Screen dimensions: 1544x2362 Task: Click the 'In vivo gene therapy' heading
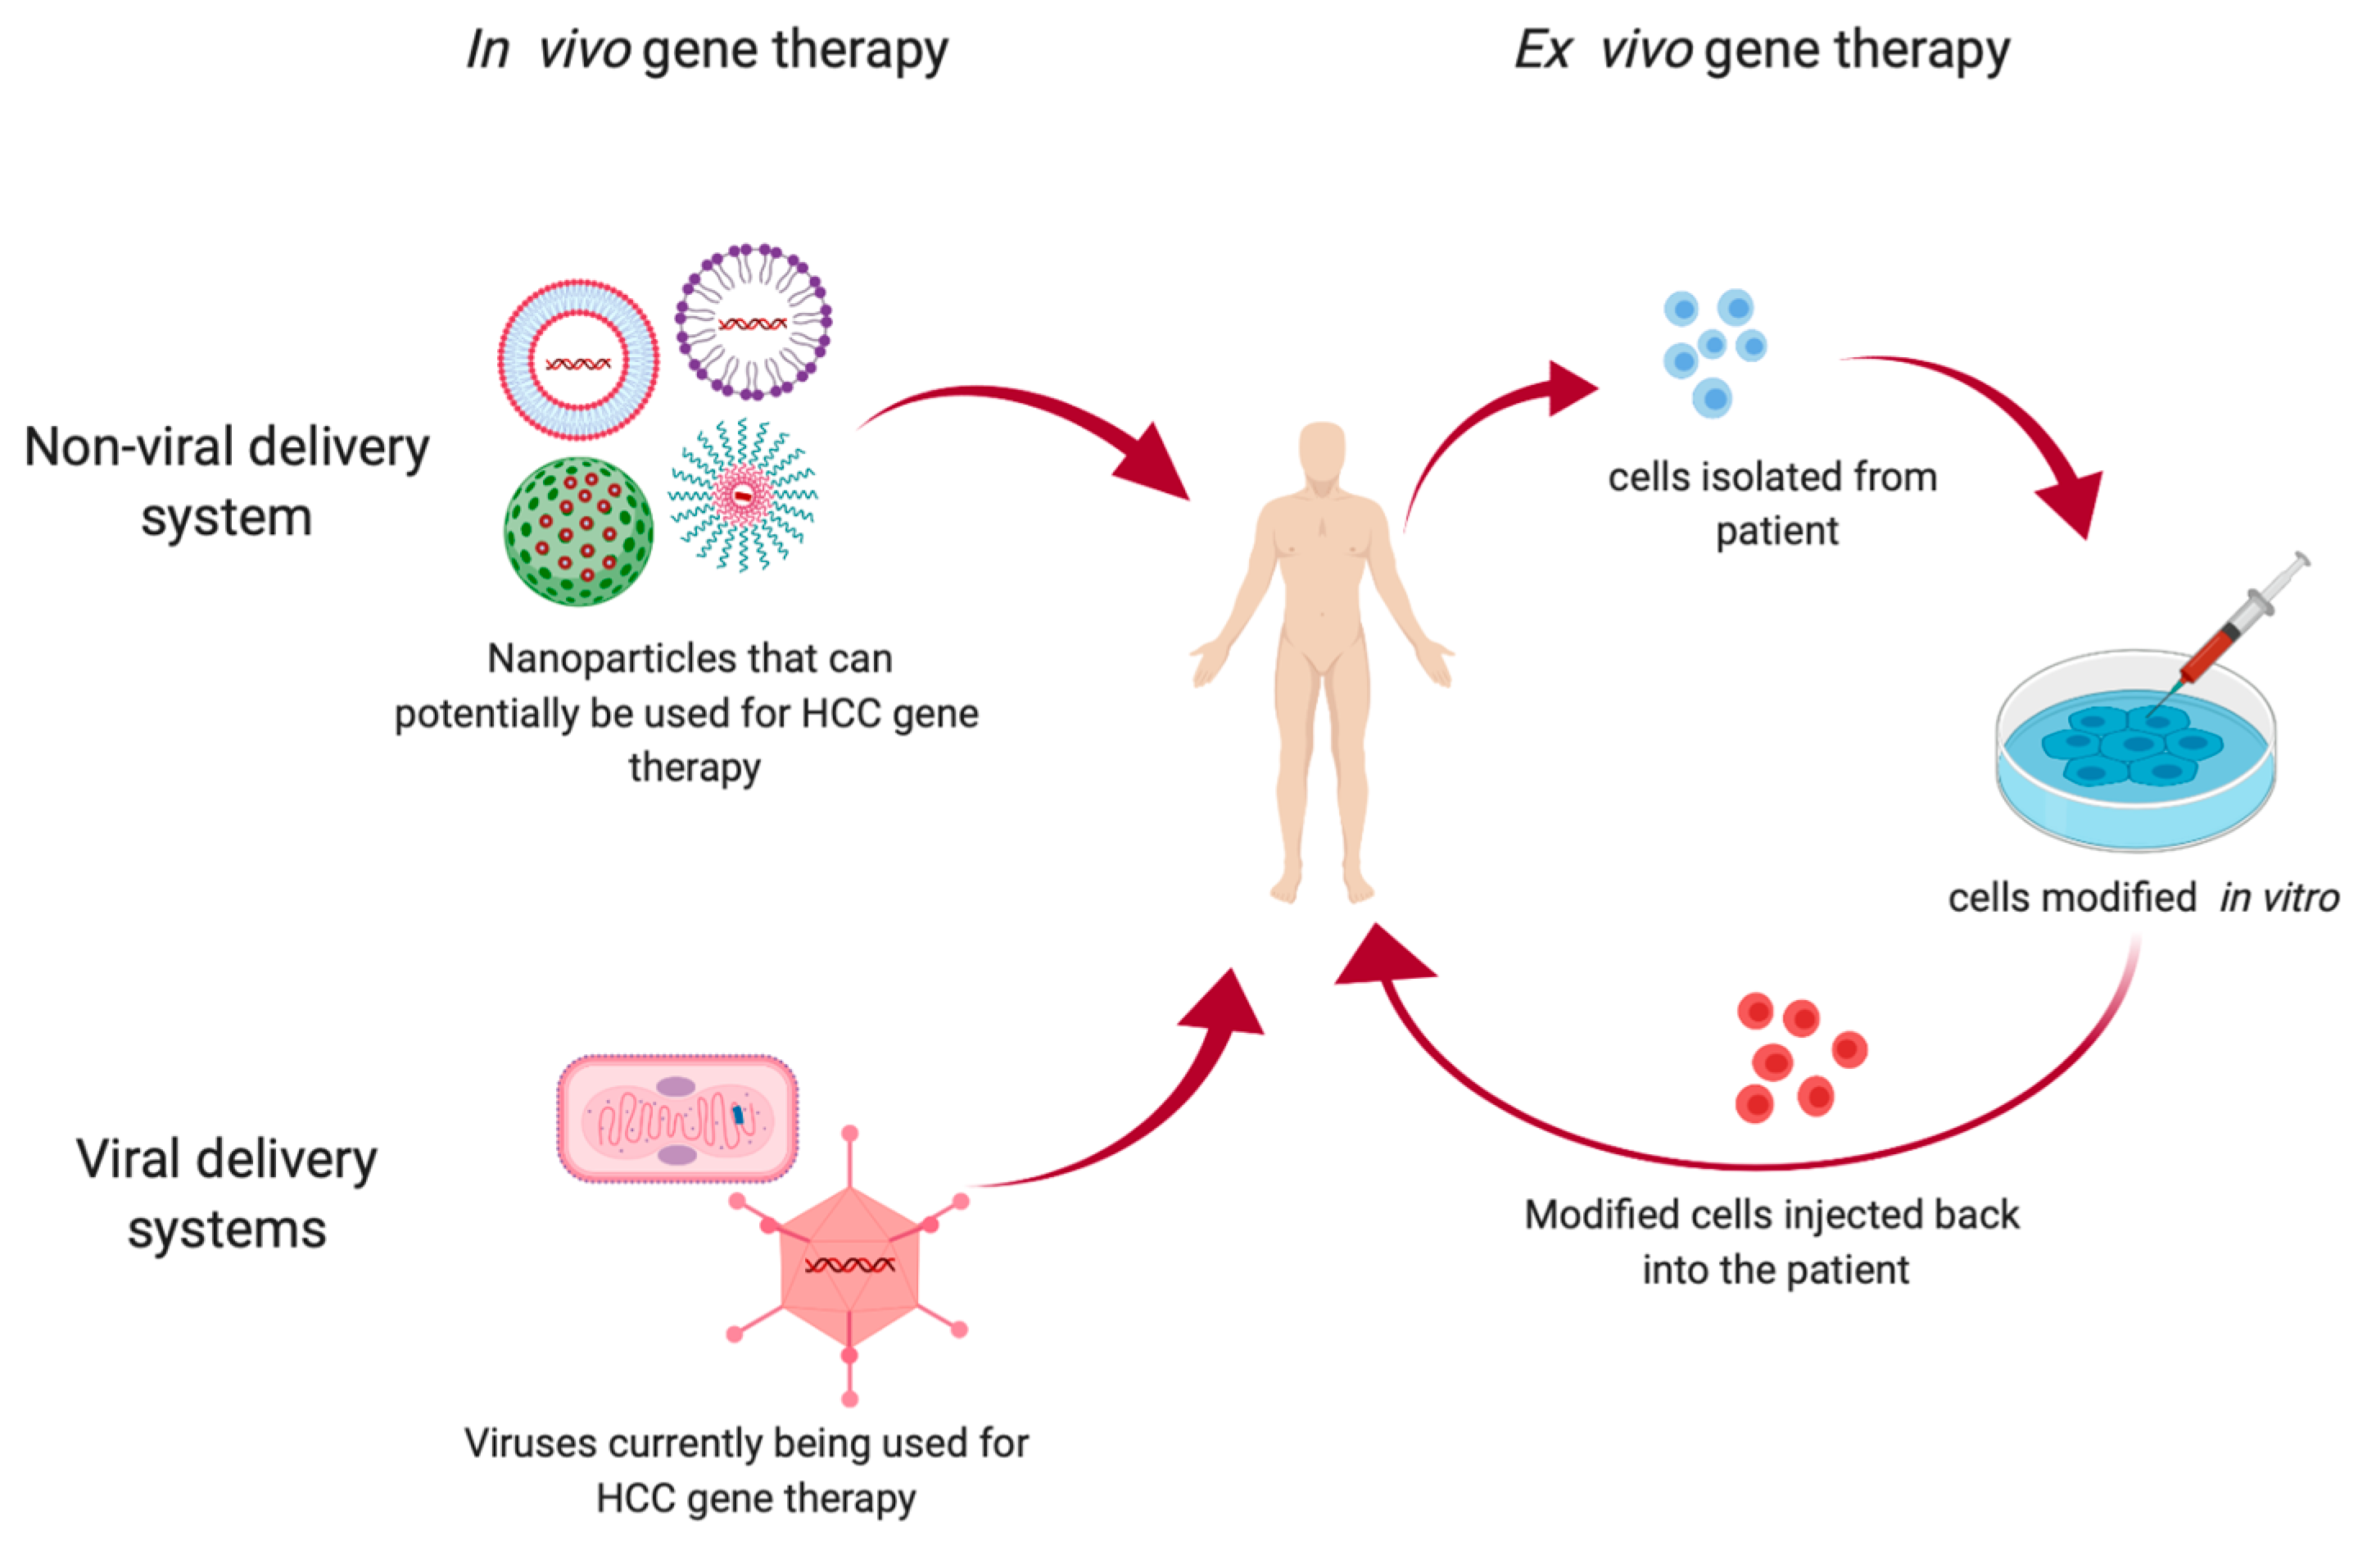tap(707, 50)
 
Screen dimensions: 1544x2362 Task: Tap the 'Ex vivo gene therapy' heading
tap(1762, 50)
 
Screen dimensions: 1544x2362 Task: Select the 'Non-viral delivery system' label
tap(226, 482)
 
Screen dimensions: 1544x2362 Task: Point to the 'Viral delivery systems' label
tap(226, 1193)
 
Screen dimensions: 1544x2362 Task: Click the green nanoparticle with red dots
tap(578, 531)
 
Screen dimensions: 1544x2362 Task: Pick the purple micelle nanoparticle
tap(753, 323)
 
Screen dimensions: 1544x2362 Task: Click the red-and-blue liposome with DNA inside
tap(578, 360)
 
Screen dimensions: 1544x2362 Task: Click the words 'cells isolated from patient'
tap(1773, 503)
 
